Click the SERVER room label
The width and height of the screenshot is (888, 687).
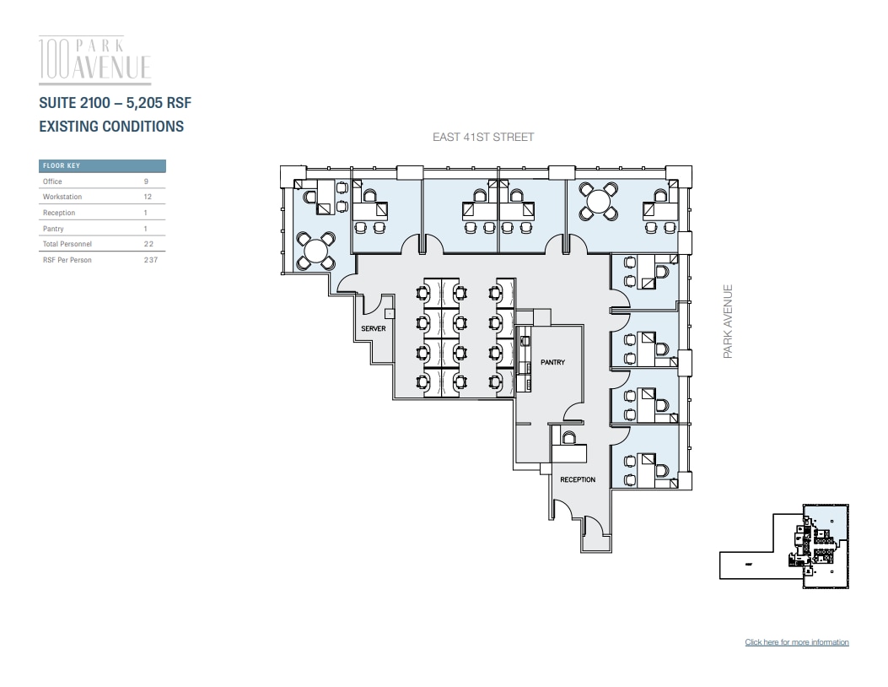click(374, 328)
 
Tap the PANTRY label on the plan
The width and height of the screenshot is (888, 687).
click(552, 362)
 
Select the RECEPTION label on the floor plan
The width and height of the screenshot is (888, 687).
click(578, 479)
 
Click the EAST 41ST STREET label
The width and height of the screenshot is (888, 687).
click(483, 137)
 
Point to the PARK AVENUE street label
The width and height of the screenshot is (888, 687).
click(728, 321)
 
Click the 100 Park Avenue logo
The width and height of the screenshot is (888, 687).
click(95, 59)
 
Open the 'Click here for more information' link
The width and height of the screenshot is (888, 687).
click(797, 642)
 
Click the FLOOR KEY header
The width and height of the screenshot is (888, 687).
click(62, 166)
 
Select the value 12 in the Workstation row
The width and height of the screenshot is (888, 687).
click(148, 197)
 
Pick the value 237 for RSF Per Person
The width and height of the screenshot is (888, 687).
click(150, 260)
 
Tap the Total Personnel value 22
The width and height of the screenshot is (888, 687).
click(148, 244)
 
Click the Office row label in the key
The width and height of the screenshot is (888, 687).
click(52, 181)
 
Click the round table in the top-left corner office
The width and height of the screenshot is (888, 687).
click(317, 250)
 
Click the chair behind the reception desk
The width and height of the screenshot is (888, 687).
click(569, 437)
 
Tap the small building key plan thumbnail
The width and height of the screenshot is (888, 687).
click(784, 547)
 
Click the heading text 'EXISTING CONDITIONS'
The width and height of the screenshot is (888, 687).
click(111, 127)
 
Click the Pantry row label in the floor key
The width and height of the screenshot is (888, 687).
click(53, 229)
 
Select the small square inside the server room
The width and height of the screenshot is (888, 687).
click(389, 313)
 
